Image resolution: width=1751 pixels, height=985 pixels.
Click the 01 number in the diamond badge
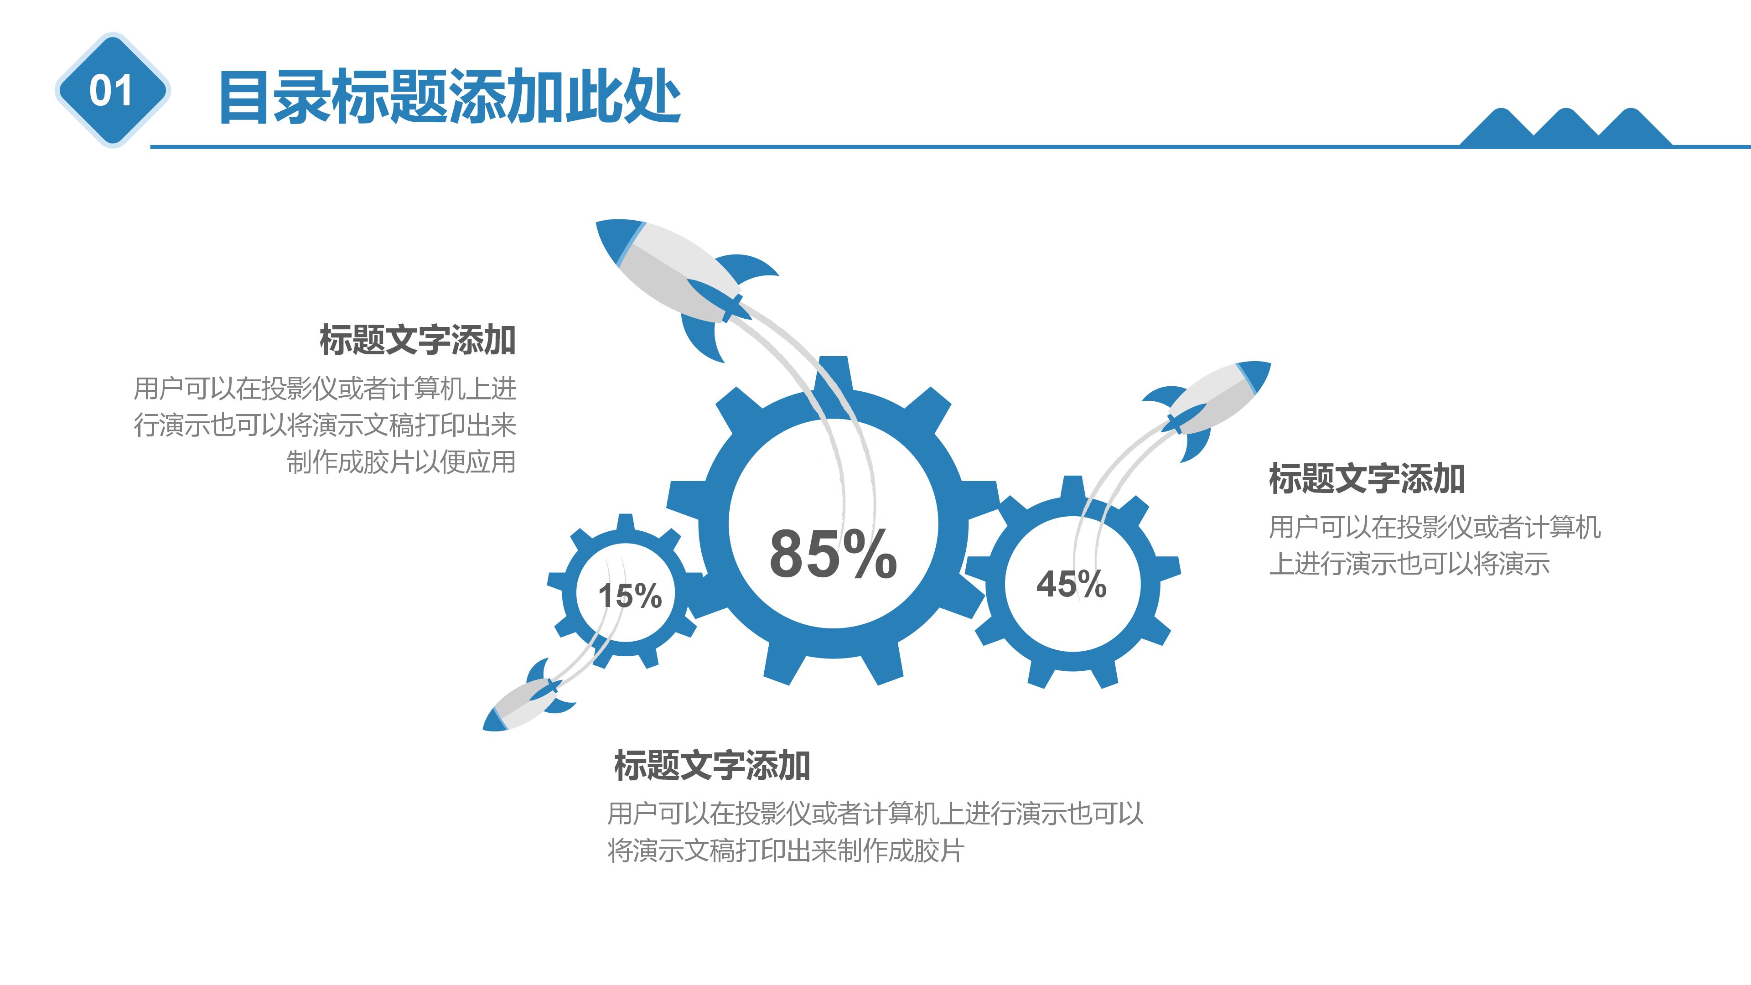(x=111, y=90)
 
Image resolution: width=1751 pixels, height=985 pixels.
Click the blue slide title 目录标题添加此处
(x=449, y=97)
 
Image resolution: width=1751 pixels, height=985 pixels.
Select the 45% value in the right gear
(x=1071, y=584)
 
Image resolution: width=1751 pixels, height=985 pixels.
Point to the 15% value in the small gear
(x=629, y=596)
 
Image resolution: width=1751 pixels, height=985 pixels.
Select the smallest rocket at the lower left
(x=530, y=700)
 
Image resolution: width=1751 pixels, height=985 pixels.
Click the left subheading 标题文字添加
(x=417, y=340)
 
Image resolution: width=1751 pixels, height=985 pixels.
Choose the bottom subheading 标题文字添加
(x=712, y=766)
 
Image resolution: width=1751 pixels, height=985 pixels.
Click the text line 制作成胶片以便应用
(x=401, y=462)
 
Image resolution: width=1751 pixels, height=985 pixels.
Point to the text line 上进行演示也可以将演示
(x=1409, y=564)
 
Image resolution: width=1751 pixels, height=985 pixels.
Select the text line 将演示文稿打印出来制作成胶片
(x=785, y=850)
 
